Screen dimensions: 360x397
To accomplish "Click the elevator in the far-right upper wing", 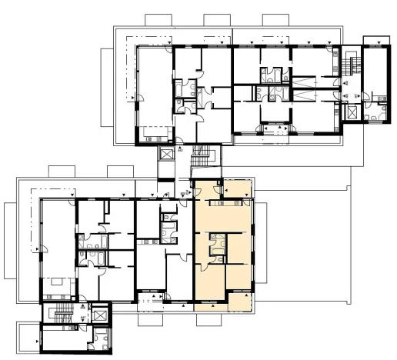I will click(x=354, y=110).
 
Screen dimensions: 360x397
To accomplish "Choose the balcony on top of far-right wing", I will click(x=377, y=38).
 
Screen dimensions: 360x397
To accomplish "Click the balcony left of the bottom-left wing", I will click(x=28, y=337).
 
